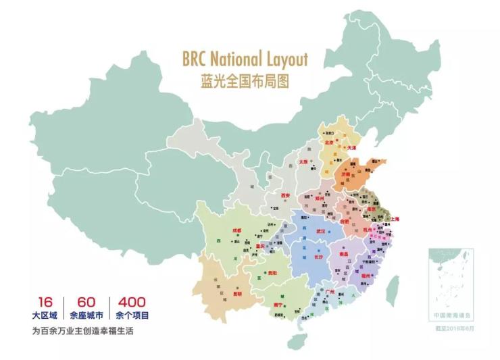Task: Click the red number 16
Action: (x=45, y=302)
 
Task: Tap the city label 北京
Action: (x=330, y=143)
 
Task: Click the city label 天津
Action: (x=351, y=147)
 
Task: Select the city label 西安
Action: (x=286, y=196)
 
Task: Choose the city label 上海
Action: (x=396, y=220)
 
